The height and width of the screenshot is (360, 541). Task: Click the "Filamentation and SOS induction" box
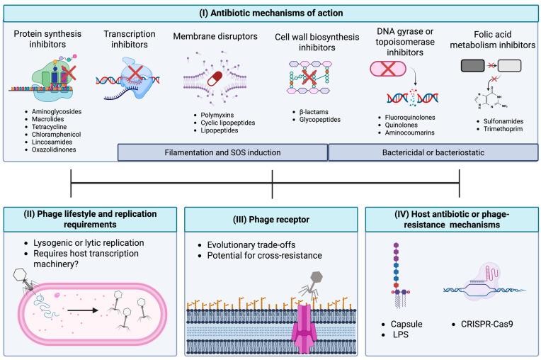pos(222,152)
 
